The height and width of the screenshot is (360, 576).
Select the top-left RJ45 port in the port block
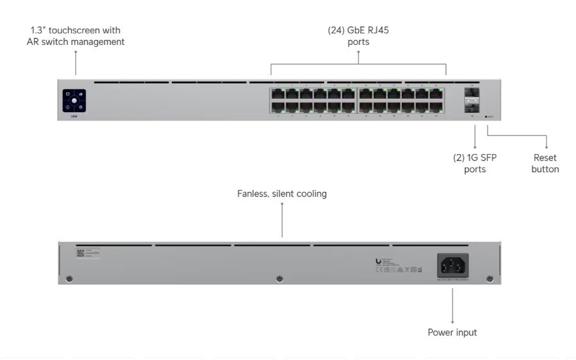277,94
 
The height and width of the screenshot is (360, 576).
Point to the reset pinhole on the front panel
486,117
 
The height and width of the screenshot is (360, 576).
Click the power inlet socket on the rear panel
453,264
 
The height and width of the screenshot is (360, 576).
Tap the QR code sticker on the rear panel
81,253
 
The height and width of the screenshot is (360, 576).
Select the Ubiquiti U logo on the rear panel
378,259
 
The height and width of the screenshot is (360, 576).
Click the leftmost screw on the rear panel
69,279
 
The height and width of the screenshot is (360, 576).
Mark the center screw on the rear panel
279,279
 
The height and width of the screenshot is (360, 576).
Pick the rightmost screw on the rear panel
490,279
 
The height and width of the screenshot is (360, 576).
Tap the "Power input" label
452,332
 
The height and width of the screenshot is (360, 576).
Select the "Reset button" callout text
545,164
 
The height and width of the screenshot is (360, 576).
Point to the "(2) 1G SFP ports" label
475,164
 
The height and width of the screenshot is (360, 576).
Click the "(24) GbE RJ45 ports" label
358,36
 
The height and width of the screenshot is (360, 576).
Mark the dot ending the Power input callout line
452,321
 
